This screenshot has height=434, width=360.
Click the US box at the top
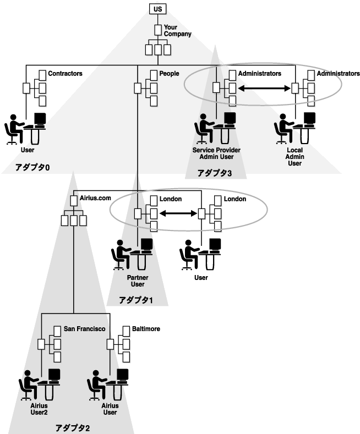pos(157,9)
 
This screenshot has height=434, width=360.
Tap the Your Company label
pos(177,30)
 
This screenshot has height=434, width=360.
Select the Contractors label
pos(65,73)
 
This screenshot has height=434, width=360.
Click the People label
pos(169,73)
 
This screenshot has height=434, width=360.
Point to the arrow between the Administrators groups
pos(264,89)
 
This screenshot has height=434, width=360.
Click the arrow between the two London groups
pos(178,213)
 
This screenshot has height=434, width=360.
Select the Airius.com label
pos(95,198)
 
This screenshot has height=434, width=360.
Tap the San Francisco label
pos(84,329)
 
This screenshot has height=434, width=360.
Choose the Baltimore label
pos(146,329)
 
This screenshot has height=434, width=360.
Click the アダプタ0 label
pos(32,167)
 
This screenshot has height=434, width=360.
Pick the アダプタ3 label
pos(214,173)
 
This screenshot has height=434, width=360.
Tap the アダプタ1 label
pos(136,300)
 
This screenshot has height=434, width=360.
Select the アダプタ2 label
pos(73,428)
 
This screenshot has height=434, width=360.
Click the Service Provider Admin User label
pos(216,153)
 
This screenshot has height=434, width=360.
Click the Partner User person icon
pos(121,255)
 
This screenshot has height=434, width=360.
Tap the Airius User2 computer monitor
pos(54,375)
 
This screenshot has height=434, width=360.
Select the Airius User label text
pos(110,409)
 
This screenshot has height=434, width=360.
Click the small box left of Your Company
pos(158,30)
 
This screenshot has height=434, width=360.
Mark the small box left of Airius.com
pos(74,201)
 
